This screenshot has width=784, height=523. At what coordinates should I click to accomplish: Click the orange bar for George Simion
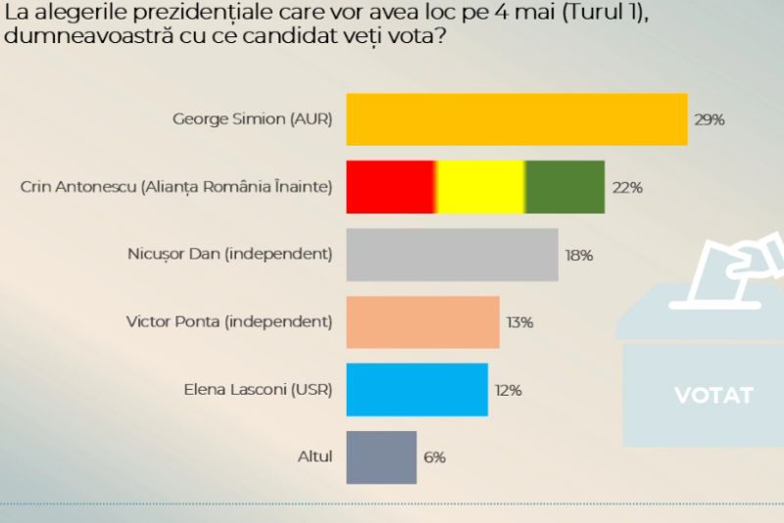point(516,119)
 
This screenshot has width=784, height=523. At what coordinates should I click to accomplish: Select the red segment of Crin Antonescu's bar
point(391,187)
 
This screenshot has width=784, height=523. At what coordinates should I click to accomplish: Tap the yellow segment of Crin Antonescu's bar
point(480,187)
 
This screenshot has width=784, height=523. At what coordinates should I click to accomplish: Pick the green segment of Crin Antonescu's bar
point(565,187)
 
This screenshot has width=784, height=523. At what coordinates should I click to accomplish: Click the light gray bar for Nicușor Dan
point(452,255)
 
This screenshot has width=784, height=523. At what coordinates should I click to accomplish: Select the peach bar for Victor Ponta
point(422,322)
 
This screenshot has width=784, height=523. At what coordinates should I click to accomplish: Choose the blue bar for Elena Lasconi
point(416,390)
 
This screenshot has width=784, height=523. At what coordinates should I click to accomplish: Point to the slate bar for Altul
point(381,457)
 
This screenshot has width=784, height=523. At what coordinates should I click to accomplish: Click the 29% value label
point(710,119)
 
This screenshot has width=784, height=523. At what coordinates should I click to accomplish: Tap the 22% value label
point(627,187)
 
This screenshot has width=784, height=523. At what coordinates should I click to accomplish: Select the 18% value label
point(579,255)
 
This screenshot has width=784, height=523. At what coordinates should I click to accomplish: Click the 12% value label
point(508,390)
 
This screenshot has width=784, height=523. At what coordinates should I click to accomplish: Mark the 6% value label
point(435,457)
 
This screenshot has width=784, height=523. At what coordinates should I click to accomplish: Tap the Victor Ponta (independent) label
point(229,321)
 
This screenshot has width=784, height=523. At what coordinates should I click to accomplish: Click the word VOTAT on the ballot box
point(713,396)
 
